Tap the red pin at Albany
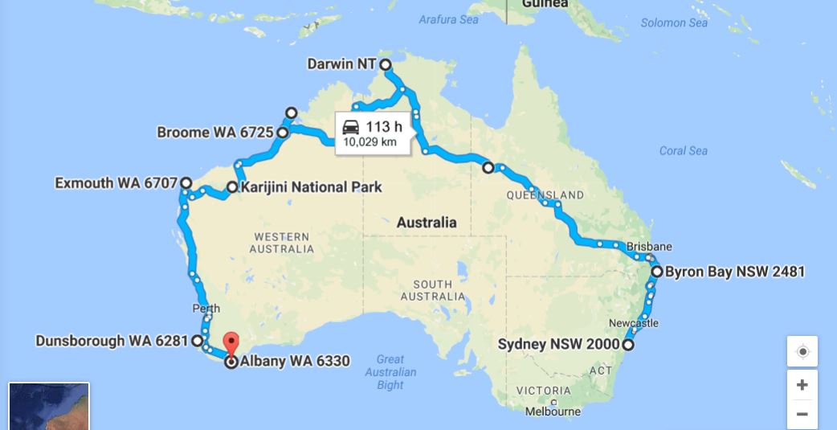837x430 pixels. [231, 342]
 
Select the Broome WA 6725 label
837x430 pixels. [215, 133]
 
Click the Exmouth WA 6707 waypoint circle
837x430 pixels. [186, 183]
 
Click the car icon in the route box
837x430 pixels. [350, 127]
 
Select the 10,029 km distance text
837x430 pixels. [370, 142]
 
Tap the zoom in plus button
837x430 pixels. [802, 385]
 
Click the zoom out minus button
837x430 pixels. [802, 414]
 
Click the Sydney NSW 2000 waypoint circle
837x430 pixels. [628, 345]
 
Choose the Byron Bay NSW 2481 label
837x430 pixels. [734, 272]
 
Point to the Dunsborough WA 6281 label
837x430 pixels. [112, 341]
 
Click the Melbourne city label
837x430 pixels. [553, 412]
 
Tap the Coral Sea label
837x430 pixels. [683, 150]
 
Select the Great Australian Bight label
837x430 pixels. [390, 372]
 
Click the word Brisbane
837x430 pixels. [649, 246]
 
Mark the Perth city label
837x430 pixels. [206, 309]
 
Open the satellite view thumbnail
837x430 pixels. [49, 407]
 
